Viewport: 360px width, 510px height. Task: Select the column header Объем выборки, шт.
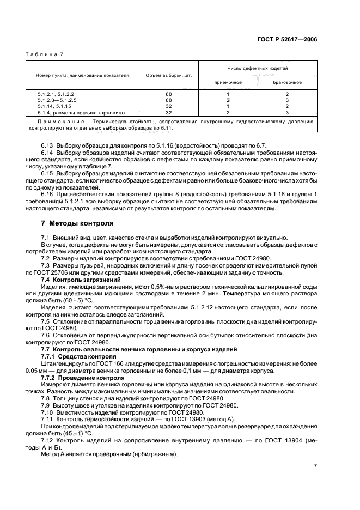tap(168, 76)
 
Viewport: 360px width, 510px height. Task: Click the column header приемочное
tap(228, 83)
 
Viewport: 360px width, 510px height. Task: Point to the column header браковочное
tap(287, 83)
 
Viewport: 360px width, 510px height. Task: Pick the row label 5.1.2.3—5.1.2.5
tap(57, 100)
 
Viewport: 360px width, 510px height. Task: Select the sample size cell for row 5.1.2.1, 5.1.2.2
tap(168, 94)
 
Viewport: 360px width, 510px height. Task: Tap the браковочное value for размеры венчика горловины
tap(287, 112)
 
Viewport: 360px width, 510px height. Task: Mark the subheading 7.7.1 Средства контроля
tap(71, 356)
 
